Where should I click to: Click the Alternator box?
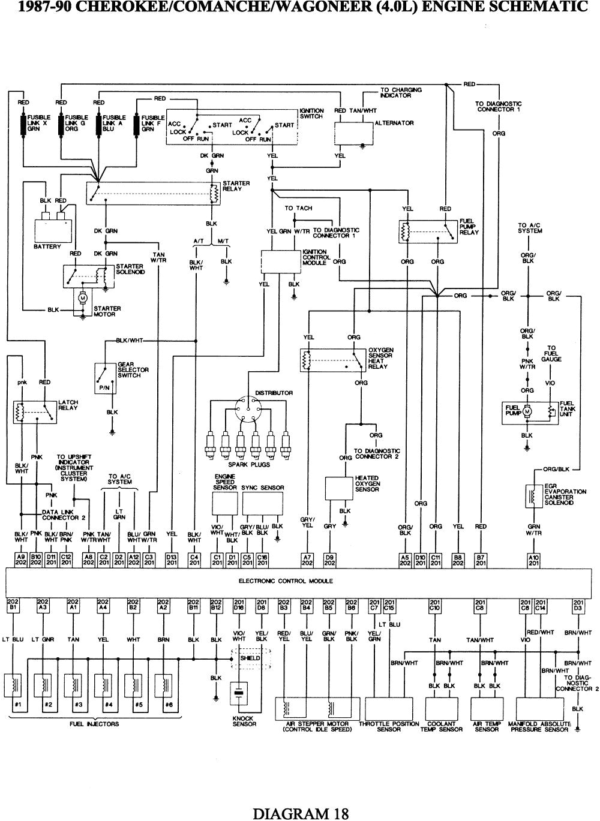(x=352, y=134)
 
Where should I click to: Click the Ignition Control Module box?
(x=280, y=261)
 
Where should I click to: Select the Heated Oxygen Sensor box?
(x=339, y=488)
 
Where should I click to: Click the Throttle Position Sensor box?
(x=389, y=708)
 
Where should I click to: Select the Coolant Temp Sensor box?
(x=441, y=708)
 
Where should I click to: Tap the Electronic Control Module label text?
(x=285, y=581)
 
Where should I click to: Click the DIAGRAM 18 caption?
(x=300, y=813)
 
